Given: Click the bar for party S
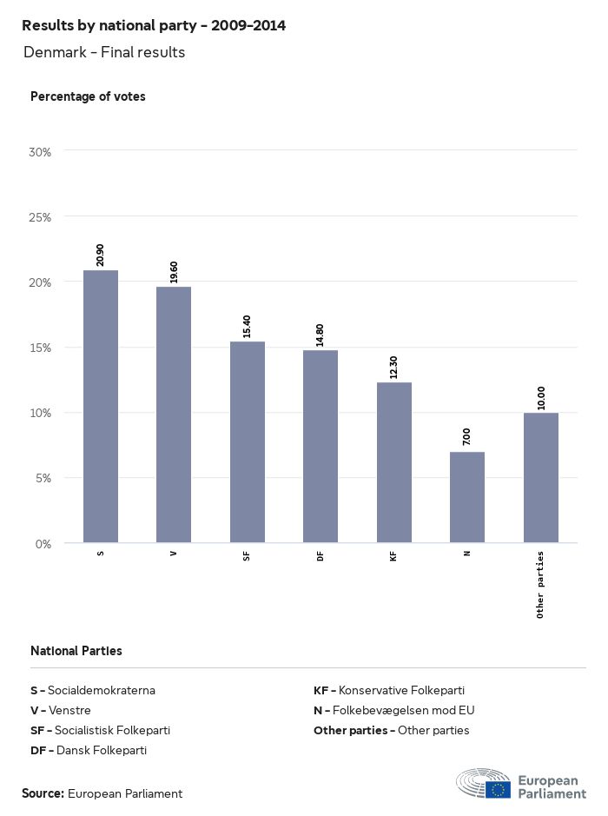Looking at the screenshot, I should pos(101,407).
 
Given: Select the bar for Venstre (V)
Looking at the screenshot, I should pos(174,415).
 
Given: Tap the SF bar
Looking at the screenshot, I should pos(248,442).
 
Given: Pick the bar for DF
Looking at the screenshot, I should pos(321,447).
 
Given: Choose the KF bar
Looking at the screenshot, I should pos(394,462).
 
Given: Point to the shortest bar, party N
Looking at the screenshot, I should pos(467,497).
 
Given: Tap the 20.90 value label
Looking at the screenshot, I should pos(101,255).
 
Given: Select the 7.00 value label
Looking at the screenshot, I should pos(467,436).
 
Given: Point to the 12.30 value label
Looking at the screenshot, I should pos(394,367).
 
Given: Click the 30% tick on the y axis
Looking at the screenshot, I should pos(41,152).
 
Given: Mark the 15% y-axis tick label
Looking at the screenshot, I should pos(41,348).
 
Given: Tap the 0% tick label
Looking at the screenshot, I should pos(43,544).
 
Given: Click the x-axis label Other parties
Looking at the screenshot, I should pos(540,584).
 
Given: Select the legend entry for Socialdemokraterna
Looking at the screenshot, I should pos(93,691).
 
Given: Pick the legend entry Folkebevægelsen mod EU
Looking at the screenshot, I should pos(394,710).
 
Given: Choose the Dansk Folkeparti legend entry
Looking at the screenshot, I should pos(89,750).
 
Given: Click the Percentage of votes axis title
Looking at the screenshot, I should pos(88,96).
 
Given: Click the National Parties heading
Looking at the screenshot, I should pos(76,651).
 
